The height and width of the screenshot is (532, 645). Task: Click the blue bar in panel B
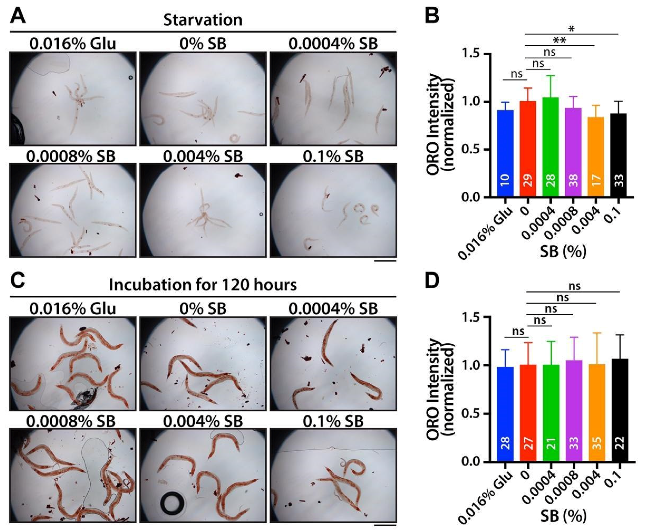505,153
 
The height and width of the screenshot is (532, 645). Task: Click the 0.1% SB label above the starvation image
333,156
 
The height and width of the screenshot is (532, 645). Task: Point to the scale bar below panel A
385,261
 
